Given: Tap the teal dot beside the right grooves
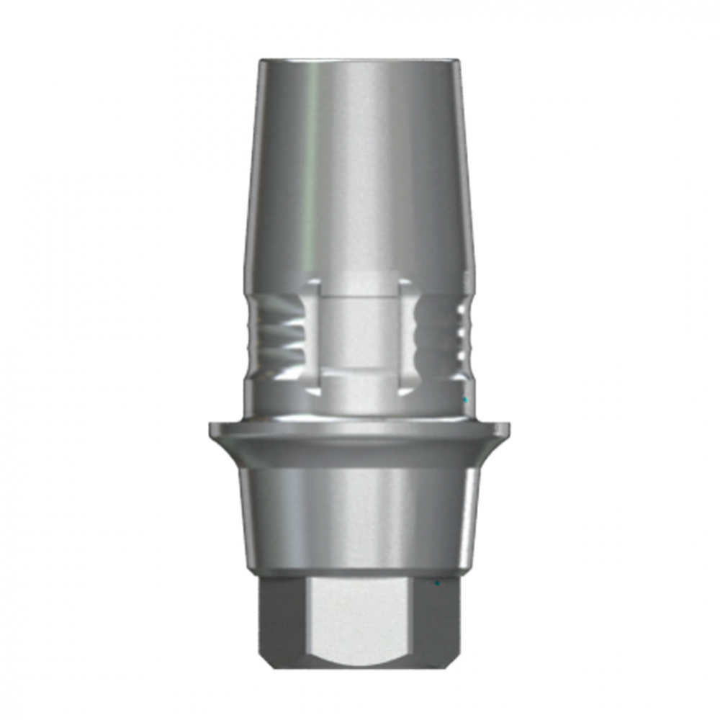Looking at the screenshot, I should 466,398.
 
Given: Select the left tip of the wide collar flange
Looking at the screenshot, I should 211,430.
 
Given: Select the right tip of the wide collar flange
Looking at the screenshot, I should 509,430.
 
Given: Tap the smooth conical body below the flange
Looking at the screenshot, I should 360,511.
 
